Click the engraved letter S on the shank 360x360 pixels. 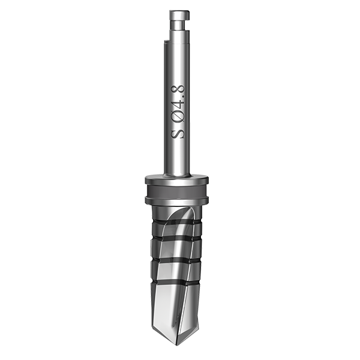point(178,133)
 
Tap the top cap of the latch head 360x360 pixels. point(179,16)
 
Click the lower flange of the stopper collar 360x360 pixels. point(177,200)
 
